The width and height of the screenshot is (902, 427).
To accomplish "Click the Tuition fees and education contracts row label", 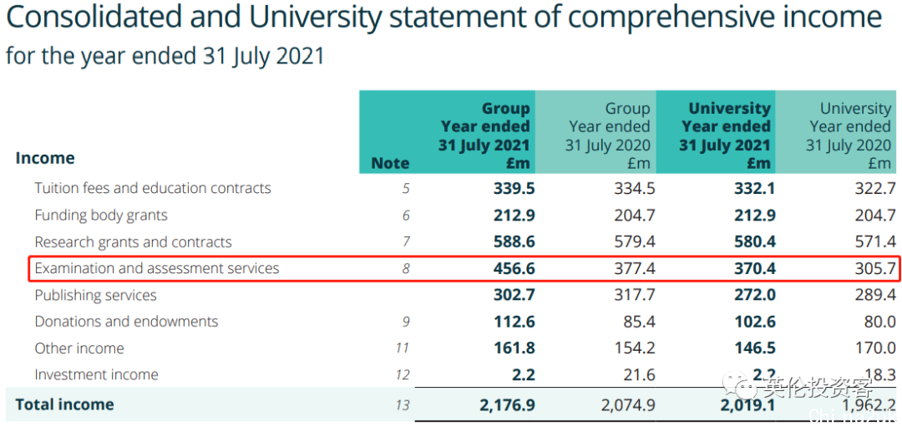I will pos(153,188).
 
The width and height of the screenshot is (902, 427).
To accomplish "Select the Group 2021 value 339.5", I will pos(514,188).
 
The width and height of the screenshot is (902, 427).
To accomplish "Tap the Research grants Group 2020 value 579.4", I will pos(635,241).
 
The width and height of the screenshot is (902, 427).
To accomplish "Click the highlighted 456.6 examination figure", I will pos(514,268).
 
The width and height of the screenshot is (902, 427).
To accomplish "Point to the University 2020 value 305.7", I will pos(875,268).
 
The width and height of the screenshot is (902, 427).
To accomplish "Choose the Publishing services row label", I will pos(95,295).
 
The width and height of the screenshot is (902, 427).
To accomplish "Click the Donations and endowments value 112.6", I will pos(514,322).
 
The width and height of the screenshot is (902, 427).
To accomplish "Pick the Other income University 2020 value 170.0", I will pos(875,348).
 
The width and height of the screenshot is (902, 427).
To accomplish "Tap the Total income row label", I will pos(64,404).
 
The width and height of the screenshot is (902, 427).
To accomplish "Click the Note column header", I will pos(390,163).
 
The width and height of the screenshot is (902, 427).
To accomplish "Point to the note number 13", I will pos(403,405).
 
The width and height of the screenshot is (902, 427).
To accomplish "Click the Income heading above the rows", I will pos(45,158).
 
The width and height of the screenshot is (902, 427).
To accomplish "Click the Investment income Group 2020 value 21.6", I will pos(640,375).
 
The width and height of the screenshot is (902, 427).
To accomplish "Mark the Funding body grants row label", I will pos(101,215).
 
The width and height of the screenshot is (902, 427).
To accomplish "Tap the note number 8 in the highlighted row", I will pos(406,268).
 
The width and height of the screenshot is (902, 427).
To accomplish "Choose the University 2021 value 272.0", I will pos(755,295).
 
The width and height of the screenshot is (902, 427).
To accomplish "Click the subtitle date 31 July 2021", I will pos(263,56).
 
